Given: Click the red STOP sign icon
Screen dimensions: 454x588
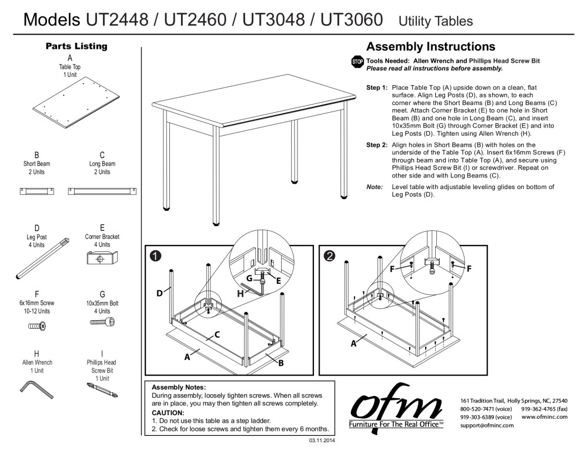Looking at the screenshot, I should [x=357, y=62].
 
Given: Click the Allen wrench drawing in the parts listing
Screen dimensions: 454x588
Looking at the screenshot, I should [x=36, y=388].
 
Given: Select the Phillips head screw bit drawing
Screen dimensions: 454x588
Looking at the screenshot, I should [x=102, y=389].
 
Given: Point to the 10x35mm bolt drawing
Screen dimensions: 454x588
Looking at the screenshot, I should [x=102, y=322].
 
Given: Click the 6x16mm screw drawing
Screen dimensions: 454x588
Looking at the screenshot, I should [x=37, y=325].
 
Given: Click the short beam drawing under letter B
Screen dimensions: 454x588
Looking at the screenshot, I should [x=37, y=190].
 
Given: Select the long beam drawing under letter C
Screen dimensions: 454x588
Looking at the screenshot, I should [x=102, y=190].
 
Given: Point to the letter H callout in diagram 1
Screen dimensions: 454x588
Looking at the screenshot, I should [x=240, y=293].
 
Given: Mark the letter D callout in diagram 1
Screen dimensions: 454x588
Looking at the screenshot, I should [x=159, y=293].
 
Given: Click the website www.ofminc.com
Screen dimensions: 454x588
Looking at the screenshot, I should [x=544, y=416].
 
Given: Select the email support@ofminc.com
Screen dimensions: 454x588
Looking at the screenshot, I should [x=487, y=425].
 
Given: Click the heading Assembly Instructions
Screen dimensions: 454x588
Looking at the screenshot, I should [x=430, y=47].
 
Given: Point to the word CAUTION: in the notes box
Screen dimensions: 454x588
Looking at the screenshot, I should [x=168, y=412].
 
